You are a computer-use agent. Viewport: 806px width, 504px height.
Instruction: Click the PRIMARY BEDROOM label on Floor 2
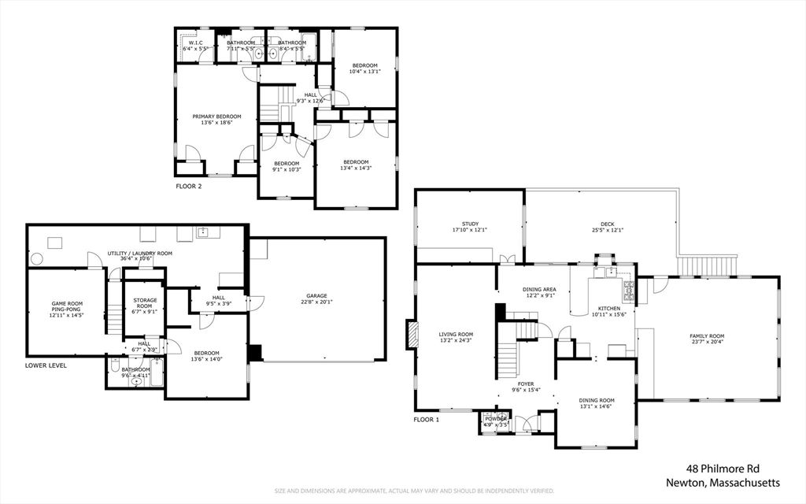[x=216, y=117]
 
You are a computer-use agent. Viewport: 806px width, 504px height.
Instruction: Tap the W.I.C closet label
[x=194, y=43]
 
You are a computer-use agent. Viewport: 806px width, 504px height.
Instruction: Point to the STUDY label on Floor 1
[x=471, y=224]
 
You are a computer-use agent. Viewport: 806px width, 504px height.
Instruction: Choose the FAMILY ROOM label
[x=706, y=335]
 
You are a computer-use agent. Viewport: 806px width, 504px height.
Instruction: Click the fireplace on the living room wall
[x=411, y=334]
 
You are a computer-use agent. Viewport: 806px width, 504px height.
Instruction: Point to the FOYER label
[x=526, y=384]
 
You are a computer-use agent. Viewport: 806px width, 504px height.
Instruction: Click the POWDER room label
[x=496, y=418]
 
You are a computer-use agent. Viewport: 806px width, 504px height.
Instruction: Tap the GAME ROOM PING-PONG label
[x=67, y=306]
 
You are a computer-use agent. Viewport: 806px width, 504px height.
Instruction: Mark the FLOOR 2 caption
[x=189, y=187]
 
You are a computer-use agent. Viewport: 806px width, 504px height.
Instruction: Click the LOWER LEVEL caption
[x=46, y=365]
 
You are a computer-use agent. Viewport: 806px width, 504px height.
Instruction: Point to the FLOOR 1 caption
[x=427, y=420]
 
